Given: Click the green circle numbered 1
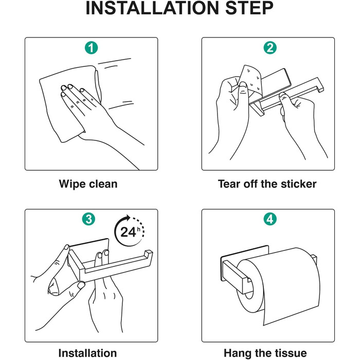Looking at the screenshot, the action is (92, 48).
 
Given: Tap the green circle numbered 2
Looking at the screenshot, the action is (270, 48).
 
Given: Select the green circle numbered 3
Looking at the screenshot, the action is (88, 219).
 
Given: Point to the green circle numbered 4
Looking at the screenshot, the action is (270, 219).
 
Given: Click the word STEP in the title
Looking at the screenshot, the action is (249, 9).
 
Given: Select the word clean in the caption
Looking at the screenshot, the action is (103, 184).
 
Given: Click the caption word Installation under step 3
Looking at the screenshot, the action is (87, 353).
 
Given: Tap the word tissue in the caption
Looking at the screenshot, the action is (291, 353).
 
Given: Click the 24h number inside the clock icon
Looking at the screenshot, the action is (130, 232).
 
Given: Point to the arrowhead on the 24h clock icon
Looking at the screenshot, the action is (127, 218).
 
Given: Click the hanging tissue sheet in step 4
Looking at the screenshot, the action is (292, 287).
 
